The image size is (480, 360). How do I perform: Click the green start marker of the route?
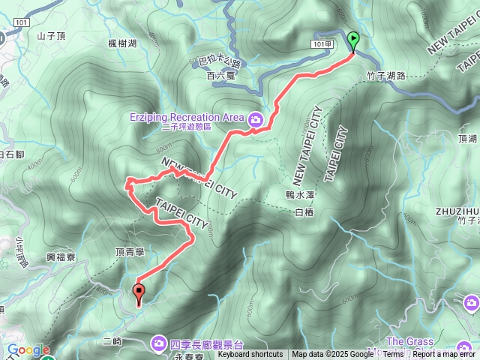pos(353,41)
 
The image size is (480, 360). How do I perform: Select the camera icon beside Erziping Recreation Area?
pos(256,118)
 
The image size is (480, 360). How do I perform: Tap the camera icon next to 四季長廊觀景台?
pos(159,343)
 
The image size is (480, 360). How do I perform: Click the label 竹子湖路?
pos(386,76)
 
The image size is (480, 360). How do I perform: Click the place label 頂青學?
pos(129,253)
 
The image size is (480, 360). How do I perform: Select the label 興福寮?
pos(61,256)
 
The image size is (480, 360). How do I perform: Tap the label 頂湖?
pos(467,139)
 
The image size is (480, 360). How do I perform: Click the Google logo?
pos(28,349)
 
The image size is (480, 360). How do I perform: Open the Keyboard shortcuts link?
pos(250,355)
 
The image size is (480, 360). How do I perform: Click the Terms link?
pos(393,355)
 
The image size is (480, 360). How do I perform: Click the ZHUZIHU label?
pos(456,211)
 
